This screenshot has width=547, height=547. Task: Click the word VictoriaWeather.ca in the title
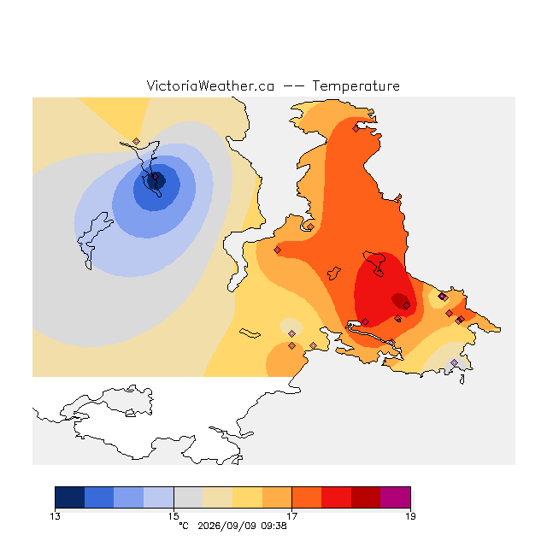click(210, 85)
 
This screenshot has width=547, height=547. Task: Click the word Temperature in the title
click(356, 85)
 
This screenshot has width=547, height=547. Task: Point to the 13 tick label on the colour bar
click(55, 516)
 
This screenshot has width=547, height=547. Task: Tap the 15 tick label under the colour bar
click(174, 516)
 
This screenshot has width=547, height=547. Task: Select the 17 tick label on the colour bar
click(292, 516)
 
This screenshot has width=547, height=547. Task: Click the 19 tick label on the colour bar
click(410, 516)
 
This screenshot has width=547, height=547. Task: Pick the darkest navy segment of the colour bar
click(70, 497)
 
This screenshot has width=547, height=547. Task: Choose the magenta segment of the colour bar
click(396, 497)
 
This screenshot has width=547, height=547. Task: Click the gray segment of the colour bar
click(188, 497)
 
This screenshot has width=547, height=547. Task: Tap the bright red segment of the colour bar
click(336, 497)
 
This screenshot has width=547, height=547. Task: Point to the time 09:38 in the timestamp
click(273, 526)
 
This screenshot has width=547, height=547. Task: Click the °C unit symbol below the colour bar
click(184, 526)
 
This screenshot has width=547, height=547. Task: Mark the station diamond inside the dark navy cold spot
click(156, 177)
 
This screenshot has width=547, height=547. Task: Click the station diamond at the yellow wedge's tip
click(137, 141)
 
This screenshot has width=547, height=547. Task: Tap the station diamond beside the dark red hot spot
click(407, 306)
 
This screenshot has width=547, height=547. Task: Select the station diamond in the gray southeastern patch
click(454, 362)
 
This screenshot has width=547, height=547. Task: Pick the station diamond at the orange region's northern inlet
click(356, 129)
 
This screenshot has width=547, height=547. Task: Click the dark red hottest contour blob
click(400, 301)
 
